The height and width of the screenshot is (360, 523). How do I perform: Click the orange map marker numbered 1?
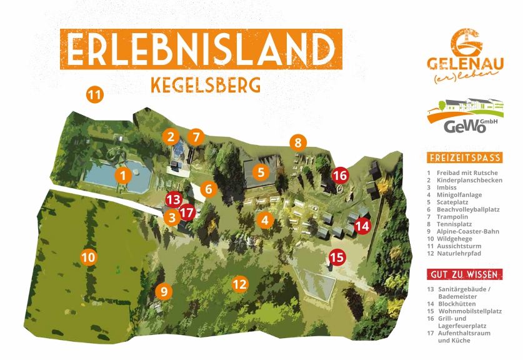pos(123,176)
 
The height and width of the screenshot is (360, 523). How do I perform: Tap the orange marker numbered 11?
pos(94,95)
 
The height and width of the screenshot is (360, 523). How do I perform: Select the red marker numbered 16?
pos(340,176)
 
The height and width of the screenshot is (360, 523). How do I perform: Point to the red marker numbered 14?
pos(362,226)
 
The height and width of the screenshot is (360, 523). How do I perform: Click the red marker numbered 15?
pos(337,256)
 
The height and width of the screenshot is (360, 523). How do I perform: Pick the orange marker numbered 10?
pos(89,256)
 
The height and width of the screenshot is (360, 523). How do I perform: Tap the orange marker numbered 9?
pos(164,291)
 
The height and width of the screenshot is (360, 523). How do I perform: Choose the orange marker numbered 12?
pos(240,284)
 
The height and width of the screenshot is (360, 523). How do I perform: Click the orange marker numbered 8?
pos(298,142)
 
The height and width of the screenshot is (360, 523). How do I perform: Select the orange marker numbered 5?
pos(261,171)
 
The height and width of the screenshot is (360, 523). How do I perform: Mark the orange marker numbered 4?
pos(265,220)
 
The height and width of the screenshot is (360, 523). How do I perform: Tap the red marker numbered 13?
pos(173,200)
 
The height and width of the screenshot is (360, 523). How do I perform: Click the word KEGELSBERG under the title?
pos(206,84)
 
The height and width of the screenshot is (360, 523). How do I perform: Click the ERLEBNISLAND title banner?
pos(201,49)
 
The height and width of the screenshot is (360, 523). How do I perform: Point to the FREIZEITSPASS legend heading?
pos(464,157)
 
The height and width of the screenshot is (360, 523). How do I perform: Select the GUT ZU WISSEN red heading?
pos(464,274)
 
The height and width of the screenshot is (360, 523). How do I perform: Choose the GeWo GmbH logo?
pos(465,116)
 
